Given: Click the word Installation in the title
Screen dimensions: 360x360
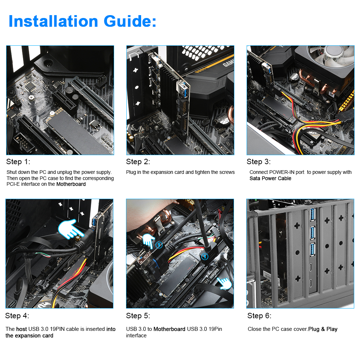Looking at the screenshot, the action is [x=53, y=21].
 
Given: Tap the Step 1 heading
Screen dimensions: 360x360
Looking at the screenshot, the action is [x=18, y=162].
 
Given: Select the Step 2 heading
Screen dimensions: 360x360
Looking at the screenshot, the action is [x=138, y=162].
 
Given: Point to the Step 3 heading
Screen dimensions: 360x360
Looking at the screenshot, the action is [x=258, y=162].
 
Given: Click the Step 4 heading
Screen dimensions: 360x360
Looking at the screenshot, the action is [x=17, y=316].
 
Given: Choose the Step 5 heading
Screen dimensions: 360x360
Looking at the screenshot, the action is [x=138, y=316].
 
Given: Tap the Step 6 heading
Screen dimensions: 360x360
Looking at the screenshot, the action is [x=259, y=316].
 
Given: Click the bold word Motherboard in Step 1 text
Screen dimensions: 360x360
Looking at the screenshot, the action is [x=71, y=184].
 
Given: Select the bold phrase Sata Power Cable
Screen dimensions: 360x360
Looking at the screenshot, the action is [x=270, y=179].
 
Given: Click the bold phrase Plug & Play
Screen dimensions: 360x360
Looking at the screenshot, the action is [x=323, y=329].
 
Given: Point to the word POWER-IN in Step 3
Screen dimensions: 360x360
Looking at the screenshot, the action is [x=282, y=172].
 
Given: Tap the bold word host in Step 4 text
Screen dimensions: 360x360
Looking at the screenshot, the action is [x=21, y=329].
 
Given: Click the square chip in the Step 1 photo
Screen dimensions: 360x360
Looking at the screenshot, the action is [x=30, y=86].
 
